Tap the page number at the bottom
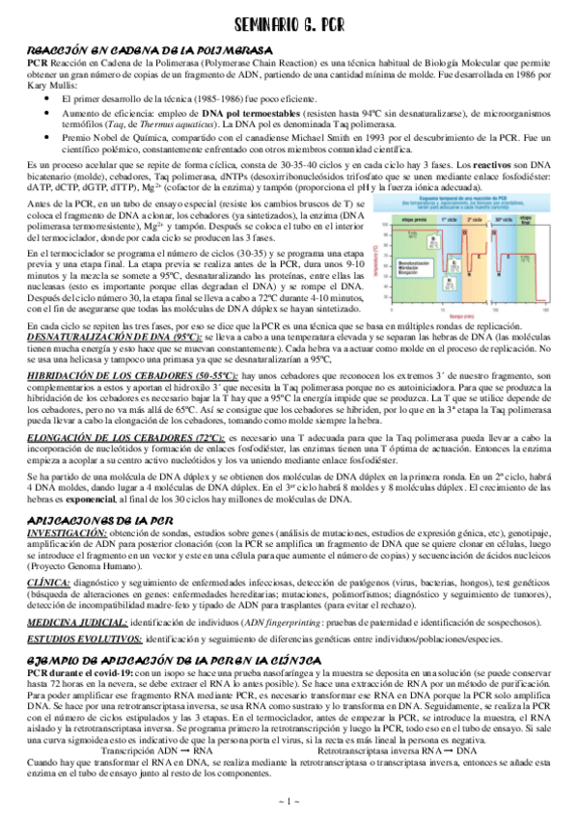pos(289,801)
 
